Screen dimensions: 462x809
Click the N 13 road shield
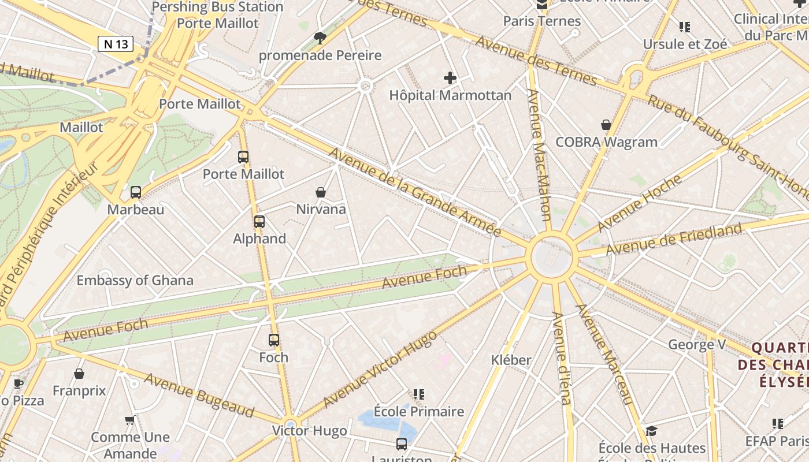pos(116,43)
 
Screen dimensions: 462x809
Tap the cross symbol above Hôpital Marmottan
pos(450,77)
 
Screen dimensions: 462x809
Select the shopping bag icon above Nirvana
pos(321,192)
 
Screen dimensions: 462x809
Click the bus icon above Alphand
pos(259,221)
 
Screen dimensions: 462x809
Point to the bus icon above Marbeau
pos(136,192)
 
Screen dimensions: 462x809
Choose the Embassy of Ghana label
pos(135,281)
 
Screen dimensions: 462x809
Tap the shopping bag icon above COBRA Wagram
pos(606,125)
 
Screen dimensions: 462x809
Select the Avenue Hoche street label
pos(640,203)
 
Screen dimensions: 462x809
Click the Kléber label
pos(511,360)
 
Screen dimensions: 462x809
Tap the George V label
pos(697,345)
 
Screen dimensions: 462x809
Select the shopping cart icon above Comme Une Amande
pos(130,420)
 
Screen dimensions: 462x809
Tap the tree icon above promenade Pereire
pos(320,38)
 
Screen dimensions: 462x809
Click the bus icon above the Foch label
pos(274,340)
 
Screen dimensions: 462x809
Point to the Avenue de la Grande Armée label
pos(415,192)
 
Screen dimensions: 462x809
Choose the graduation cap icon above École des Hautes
pos(651,431)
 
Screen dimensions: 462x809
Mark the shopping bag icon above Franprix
pos(79,374)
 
